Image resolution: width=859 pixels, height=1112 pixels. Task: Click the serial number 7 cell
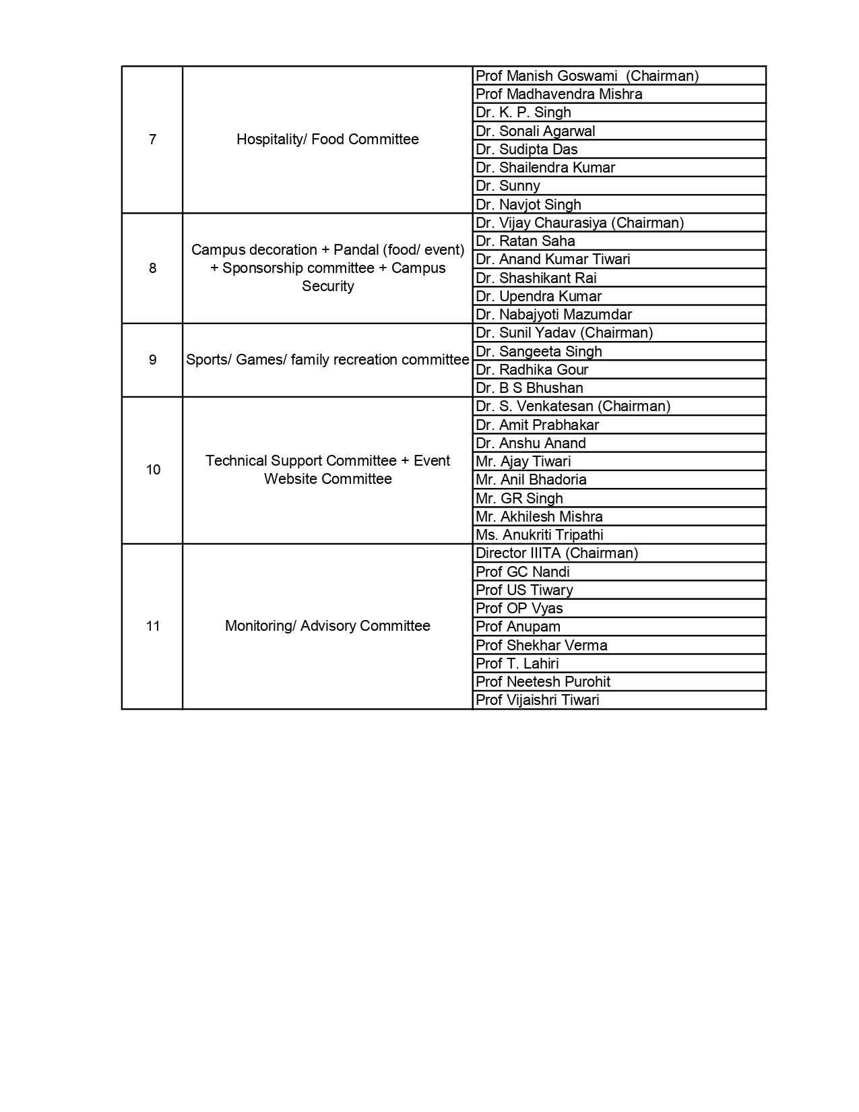click(152, 140)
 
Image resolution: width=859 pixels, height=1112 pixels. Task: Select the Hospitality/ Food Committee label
click(327, 140)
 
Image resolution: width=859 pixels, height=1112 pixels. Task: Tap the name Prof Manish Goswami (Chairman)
click(587, 76)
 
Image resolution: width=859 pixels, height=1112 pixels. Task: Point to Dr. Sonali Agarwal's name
click(535, 131)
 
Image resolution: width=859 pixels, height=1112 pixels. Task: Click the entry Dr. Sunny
click(507, 186)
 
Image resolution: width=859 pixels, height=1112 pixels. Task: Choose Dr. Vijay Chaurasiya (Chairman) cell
click(579, 223)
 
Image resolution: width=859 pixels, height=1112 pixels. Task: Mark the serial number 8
click(152, 268)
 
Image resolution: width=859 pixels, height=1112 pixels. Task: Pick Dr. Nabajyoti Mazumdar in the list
click(553, 315)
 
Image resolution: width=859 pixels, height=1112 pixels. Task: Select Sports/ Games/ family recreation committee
click(327, 360)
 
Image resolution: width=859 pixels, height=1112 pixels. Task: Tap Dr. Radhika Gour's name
click(532, 370)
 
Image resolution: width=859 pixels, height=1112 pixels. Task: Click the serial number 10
click(153, 470)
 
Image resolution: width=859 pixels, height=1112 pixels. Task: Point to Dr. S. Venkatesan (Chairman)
click(573, 406)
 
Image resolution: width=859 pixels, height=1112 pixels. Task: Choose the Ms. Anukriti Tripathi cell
click(539, 535)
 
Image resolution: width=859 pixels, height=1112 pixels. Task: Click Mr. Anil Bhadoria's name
click(531, 480)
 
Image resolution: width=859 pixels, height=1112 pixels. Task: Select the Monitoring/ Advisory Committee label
click(327, 626)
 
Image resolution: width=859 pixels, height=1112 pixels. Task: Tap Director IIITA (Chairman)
click(556, 553)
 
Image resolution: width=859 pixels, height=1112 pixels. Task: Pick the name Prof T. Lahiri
click(517, 664)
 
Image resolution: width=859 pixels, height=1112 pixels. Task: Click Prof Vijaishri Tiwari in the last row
click(537, 700)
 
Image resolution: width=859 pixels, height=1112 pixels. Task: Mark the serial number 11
click(153, 626)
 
